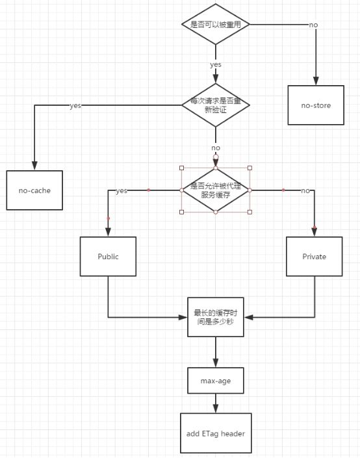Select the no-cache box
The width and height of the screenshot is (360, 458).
pyautogui.click(x=34, y=190)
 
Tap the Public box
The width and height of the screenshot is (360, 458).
pyautogui.click(x=108, y=256)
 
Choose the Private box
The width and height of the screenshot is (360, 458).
pyautogui.click(x=314, y=256)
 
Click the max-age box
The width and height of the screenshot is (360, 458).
pyautogui.click(x=215, y=381)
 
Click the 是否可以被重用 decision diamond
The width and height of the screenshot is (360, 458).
pyautogui.click(x=215, y=24)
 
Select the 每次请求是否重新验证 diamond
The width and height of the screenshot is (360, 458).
pyautogui.click(x=215, y=105)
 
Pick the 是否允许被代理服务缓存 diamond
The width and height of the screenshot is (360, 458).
pyautogui.click(x=215, y=190)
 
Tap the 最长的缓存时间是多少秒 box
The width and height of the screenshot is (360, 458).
pyautogui.click(x=215, y=317)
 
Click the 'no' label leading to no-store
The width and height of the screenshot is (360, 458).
pyautogui.click(x=313, y=25)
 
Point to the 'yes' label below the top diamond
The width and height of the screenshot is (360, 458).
pyautogui.click(x=215, y=65)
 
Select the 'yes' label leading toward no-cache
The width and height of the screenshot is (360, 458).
pyautogui.click(x=75, y=105)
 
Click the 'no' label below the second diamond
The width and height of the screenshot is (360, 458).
pyautogui.click(x=215, y=148)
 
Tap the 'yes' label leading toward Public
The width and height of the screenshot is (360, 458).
pyautogui.click(x=122, y=191)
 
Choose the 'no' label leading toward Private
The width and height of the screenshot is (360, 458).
pyautogui.click(x=305, y=190)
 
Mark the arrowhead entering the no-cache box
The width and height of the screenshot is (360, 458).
pyautogui.click(x=34, y=166)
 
